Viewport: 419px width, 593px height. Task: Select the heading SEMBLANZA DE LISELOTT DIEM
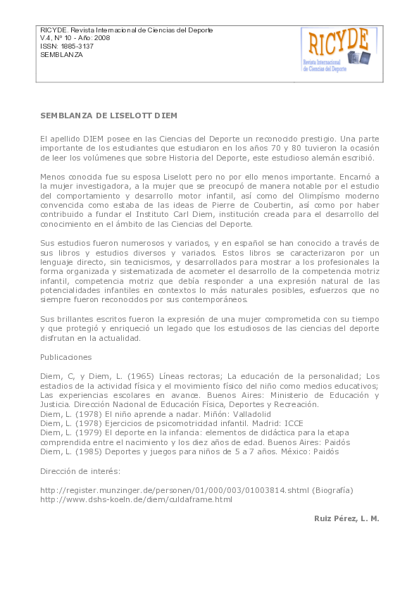108,115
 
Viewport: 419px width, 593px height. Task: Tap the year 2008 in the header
103,38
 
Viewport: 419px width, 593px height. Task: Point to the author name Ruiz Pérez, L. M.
346,518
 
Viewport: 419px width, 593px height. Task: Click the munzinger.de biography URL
176,489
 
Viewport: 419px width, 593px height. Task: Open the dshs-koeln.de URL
136,499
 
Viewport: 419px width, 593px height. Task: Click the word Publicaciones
65,357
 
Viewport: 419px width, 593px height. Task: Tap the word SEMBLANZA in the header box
61,55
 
